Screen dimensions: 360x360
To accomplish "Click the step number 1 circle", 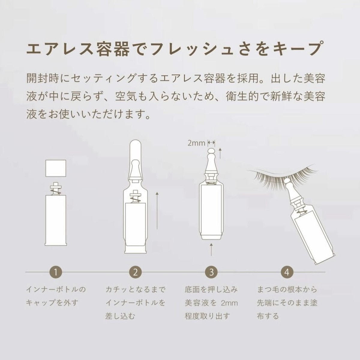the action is (x=56, y=272).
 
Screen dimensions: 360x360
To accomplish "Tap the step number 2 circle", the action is (x=135, y=272).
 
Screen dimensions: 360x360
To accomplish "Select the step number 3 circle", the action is (x=211, y=272).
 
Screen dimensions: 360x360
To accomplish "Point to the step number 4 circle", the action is (x=287, y=272).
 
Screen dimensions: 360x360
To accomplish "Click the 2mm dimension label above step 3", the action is (x=196, y=143).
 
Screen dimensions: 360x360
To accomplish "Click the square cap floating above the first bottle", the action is (x=56, y=168).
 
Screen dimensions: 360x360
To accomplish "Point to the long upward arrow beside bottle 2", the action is (x=157, y=210).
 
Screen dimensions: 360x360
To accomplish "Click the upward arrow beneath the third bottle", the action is (x=211, y=250).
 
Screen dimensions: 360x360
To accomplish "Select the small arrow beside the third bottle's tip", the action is (x=220, y=153).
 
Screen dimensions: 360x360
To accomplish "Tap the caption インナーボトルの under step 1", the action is (x=56, y=290).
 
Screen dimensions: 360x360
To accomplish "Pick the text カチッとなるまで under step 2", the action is (x=135, y=290).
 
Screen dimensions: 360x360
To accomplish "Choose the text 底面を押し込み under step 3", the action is (x=211, y=290).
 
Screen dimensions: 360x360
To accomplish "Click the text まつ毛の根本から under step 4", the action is (x=287, y=290).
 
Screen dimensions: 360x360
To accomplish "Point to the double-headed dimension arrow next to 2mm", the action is (x=211, y=143).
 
